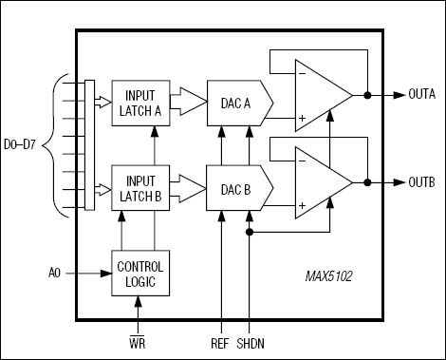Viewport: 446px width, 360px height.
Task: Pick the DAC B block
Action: pos(237,189)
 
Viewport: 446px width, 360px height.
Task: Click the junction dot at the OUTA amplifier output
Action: pos(366,96)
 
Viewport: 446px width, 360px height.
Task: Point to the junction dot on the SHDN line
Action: pos(250,231)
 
